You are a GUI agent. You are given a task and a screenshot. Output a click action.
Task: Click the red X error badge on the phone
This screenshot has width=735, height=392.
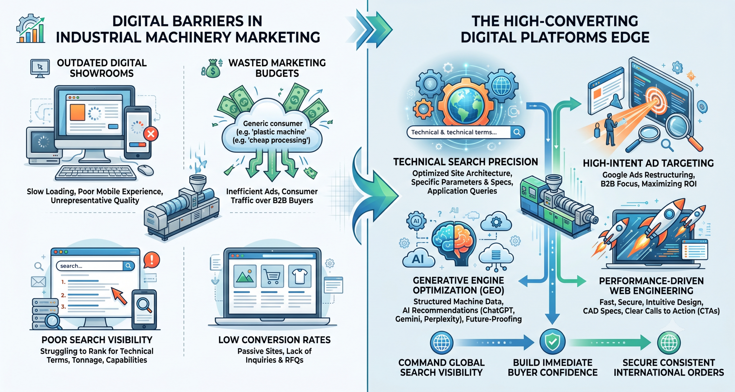[x=151, y=134]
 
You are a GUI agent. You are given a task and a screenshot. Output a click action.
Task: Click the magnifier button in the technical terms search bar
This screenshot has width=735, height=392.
[x=517, y=132]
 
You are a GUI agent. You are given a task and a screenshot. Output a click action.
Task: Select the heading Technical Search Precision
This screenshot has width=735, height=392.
[x=465, y=162]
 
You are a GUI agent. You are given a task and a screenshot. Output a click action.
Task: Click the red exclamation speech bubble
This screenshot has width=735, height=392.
[x=151, y=260]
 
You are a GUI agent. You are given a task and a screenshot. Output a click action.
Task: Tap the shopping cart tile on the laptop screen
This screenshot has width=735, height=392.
[x=272, y=276]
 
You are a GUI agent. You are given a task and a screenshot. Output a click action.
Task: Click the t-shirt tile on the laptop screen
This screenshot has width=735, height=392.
[x=300, y=276]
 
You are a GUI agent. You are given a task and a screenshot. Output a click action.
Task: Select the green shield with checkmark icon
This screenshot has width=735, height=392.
[x=552, y=342]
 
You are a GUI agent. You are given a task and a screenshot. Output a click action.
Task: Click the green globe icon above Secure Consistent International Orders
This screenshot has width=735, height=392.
[x=669, y=342]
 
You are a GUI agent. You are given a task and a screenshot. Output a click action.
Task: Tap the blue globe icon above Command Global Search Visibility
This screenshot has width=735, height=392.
[x=442, y=342]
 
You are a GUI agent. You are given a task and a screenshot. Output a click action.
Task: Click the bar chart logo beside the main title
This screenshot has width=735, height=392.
[x=30, y=28]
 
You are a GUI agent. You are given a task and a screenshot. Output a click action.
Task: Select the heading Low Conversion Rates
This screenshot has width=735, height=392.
[x=274, y=340]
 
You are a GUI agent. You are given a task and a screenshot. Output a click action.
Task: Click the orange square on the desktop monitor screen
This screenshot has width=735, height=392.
[x=78, y=112]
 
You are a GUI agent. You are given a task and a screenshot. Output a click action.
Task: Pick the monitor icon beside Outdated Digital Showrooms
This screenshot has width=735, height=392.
[x=40, y=68]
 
